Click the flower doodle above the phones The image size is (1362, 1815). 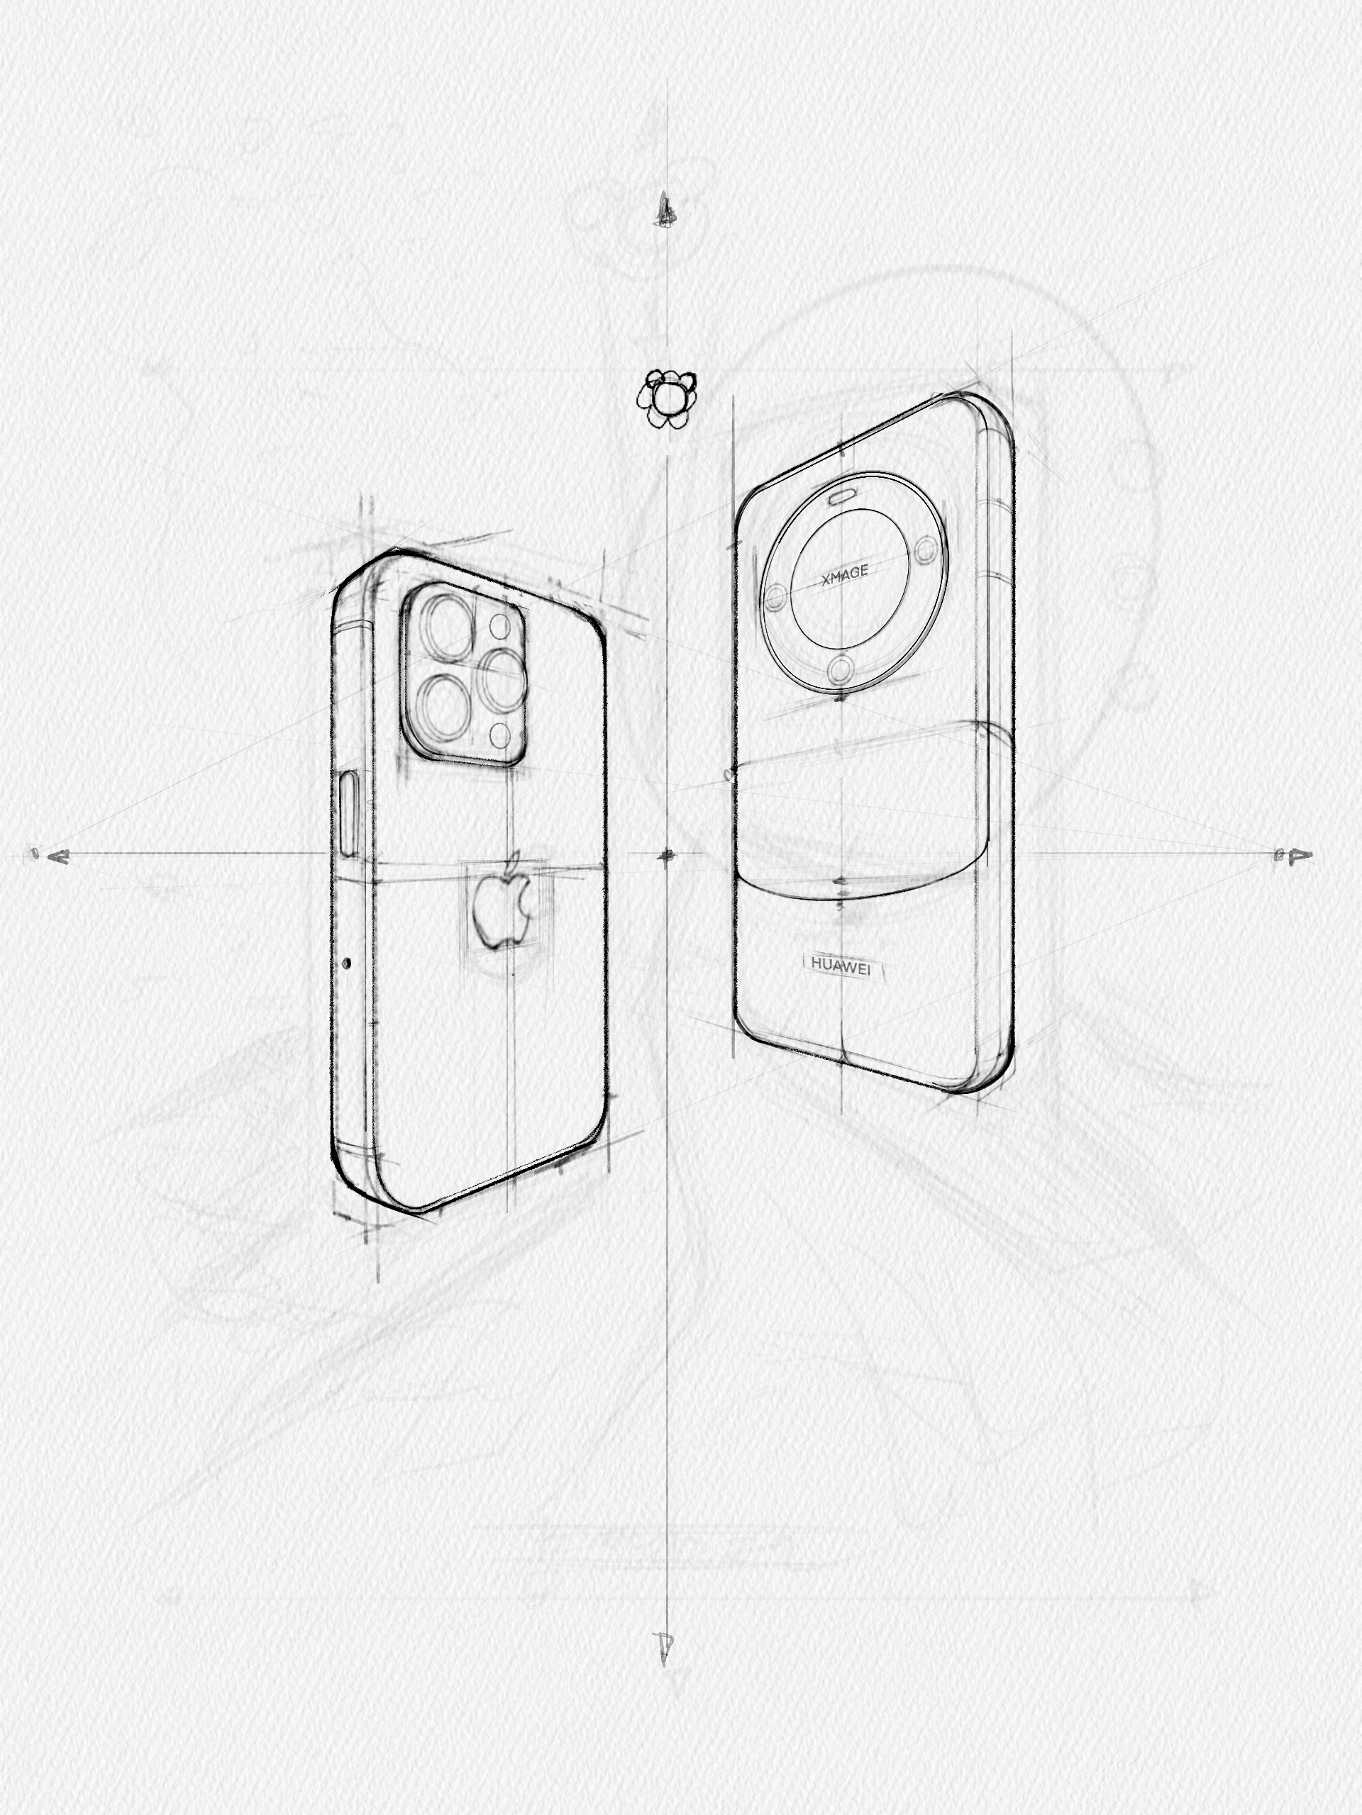[x=667, y=398]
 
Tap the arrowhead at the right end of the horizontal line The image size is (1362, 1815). [x=1300, y=856]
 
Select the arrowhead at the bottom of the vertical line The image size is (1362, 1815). [x=664, y=1644]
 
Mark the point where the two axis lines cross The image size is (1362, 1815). [x=667, y=856]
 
